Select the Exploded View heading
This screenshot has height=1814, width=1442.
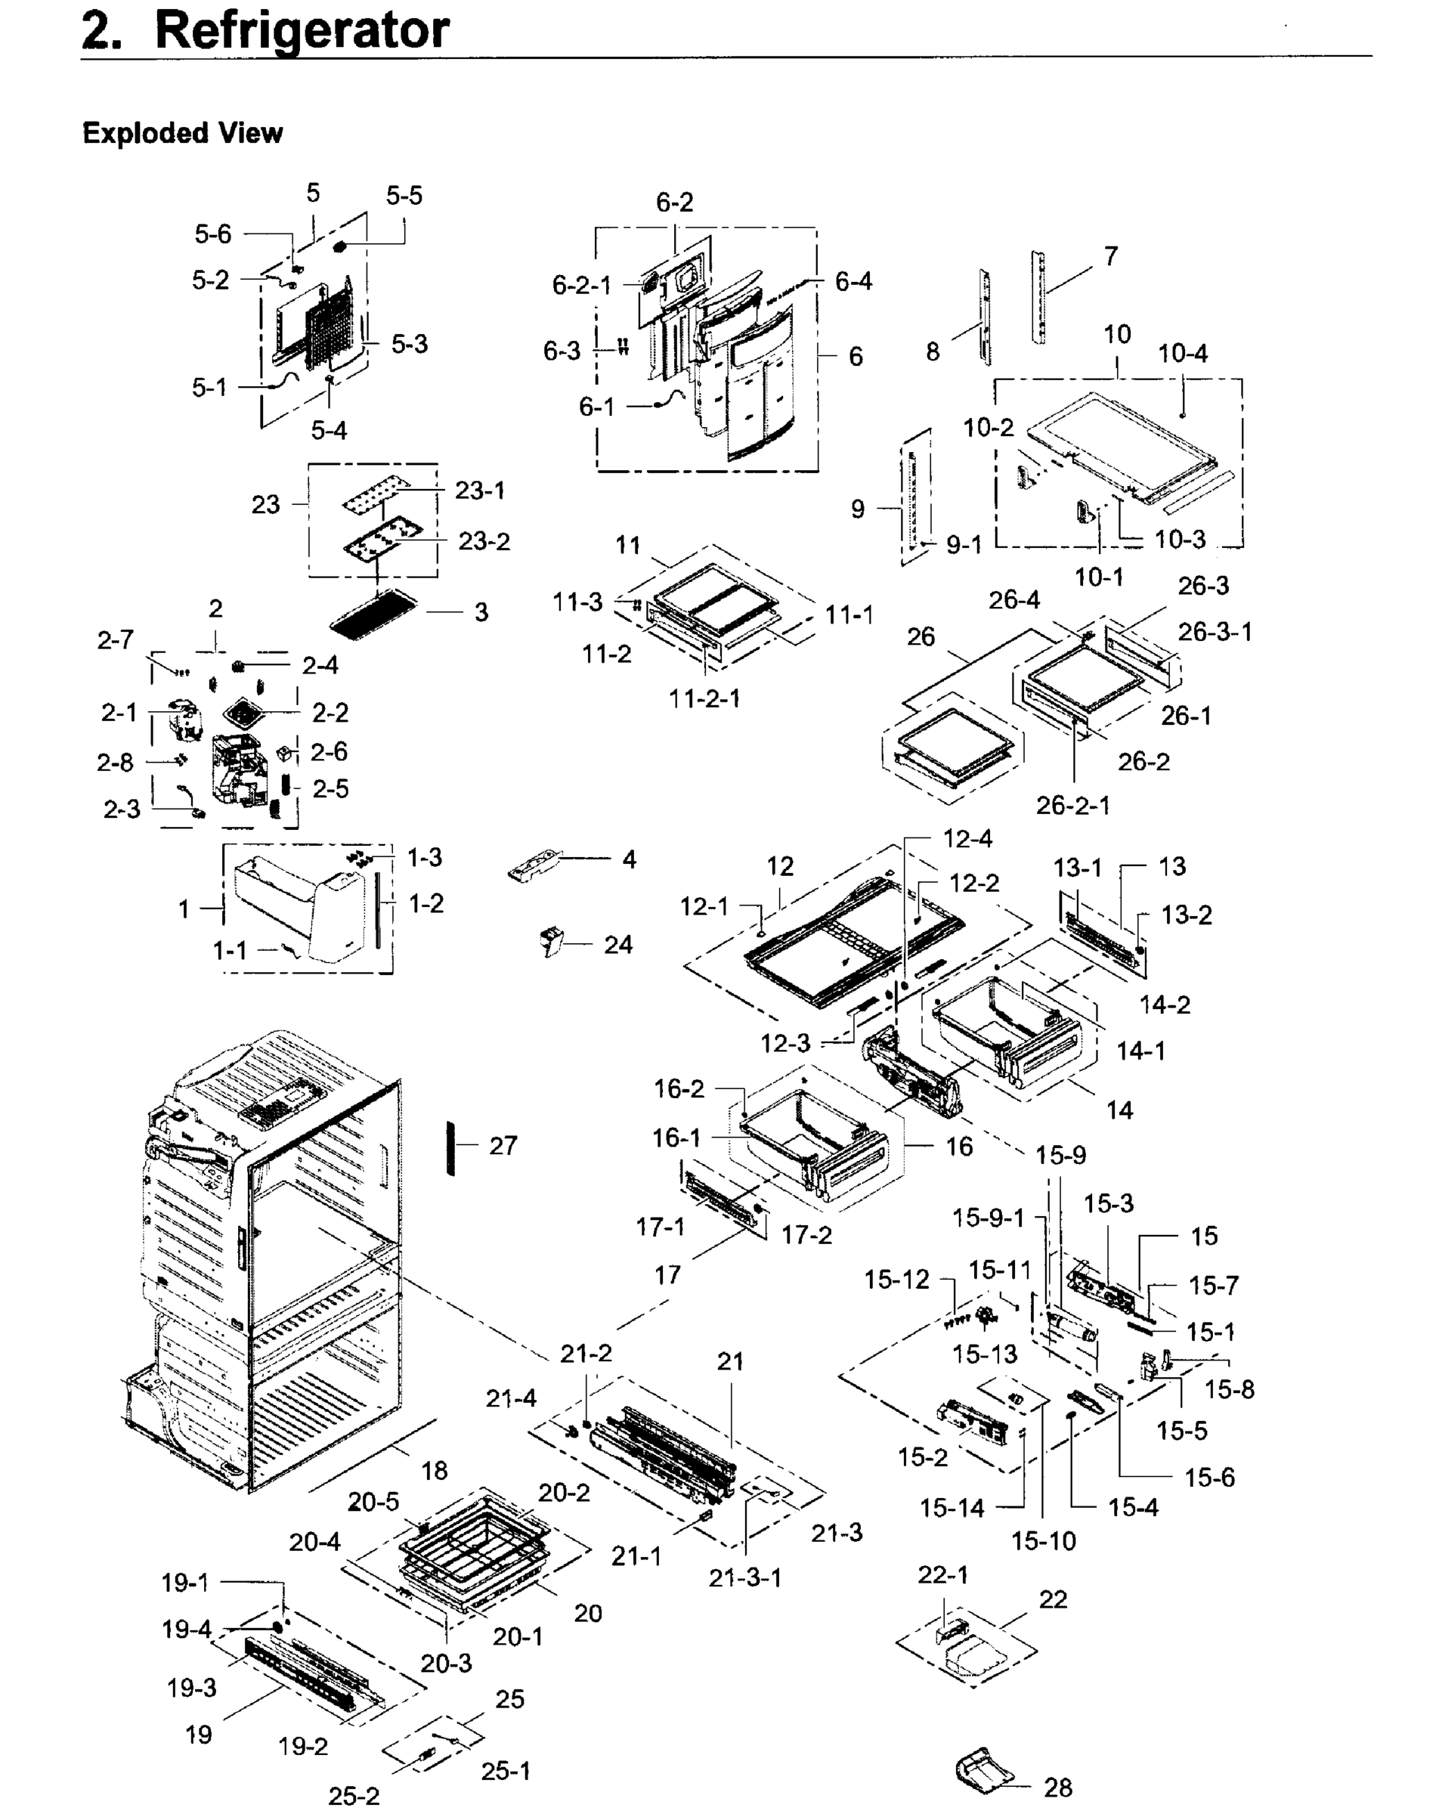point(183,133)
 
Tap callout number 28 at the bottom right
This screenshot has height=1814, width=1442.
point(1057,1787)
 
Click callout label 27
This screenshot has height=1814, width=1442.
point(503,1145)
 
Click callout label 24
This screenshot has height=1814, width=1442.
point(618,945)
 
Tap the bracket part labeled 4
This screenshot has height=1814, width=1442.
point(535,865)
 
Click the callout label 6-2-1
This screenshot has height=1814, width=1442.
point(581,285)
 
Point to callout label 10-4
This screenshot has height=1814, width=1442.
point(1182,354)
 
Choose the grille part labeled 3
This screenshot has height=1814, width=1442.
point(374,614)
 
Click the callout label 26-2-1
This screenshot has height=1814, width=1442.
point(1072,805)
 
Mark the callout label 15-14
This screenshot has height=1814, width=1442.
point(952,1508)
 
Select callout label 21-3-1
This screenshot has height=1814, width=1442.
point(745,1577)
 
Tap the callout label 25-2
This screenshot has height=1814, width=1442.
point(354,1797)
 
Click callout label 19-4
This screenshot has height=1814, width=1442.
point(186,1630)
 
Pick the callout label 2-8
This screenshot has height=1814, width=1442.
point(116,763)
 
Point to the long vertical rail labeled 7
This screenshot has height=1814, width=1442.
point(1039,299)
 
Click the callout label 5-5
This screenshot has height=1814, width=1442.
point(404,196)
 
